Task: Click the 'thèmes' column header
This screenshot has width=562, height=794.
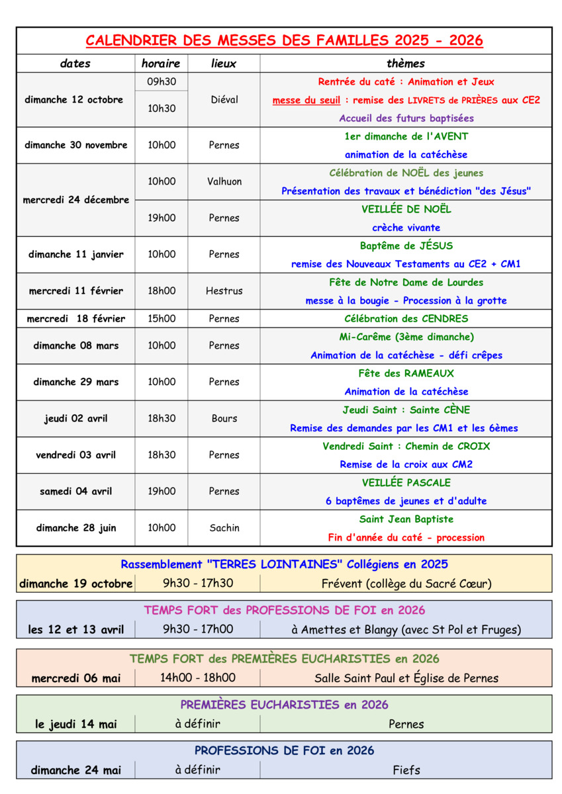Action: tap(405, 64)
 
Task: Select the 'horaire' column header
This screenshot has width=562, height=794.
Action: tap(161, 64)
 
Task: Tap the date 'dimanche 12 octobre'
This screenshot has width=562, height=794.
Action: tap(74, 100)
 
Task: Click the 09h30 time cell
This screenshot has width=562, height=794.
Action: tap(161, 82)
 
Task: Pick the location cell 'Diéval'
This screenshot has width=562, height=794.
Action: tap(224, 100)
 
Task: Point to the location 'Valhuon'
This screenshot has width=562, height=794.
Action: tap(224, 181)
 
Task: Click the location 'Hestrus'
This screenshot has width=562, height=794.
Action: tap(224, 290)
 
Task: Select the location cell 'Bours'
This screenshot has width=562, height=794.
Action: tap(224, 418)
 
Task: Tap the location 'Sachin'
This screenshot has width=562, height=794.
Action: tap(224, 527)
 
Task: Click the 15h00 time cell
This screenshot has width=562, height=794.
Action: tap(162, 318)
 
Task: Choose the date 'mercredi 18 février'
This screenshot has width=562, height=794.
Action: tap(75, 318)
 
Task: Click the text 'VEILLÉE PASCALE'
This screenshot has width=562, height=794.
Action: tap(406, 482)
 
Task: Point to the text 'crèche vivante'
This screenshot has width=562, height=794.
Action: tap(406, 228)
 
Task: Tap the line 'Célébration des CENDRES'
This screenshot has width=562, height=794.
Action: tap(406, 318)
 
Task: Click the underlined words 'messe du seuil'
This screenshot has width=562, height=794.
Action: tap(306, 101)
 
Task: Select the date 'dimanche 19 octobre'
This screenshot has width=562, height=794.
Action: tap(75, 584)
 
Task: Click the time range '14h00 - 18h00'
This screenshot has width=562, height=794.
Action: tap(197, 677)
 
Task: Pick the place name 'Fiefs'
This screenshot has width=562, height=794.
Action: tap(406, 770)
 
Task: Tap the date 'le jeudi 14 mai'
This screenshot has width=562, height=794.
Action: tap(75, 724)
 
